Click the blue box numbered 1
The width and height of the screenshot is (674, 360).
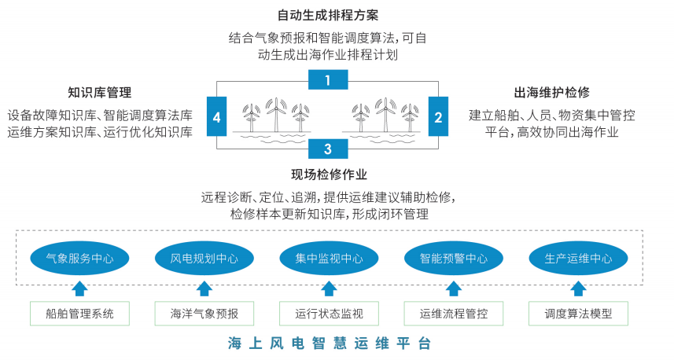point(328,79)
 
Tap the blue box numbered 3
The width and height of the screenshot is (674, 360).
point(328,148)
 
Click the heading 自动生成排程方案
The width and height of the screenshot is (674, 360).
point(329,15)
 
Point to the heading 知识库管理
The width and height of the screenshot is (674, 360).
point(100,92)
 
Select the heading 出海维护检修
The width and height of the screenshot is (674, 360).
point(551,92)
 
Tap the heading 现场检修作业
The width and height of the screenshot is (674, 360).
point(329,174)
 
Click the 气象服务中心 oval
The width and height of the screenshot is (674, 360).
point(79,257)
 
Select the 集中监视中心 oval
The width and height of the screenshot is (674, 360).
point(329,257)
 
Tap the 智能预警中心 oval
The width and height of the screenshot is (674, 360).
point(454,257)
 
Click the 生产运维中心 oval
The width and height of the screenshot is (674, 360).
point(578,257)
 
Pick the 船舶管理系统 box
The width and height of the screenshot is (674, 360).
point(79,314)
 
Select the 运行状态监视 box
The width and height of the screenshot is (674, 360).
point(329,314)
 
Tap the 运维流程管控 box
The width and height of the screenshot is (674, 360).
point(454,314)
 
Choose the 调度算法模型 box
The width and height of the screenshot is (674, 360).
point(578,314)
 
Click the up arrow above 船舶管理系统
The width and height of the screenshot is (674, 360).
point(79,288)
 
